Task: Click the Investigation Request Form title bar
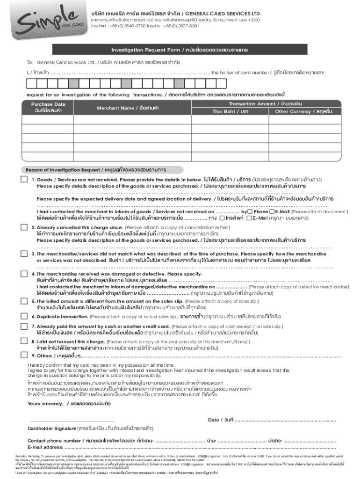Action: click(x=180, y=50)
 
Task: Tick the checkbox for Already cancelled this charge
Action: click(x=24, y=228)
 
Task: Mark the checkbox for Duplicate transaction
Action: click(x=24, y=317)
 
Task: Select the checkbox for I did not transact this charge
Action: click(x=24, y=342)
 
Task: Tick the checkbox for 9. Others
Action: click(x=24, y=356)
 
